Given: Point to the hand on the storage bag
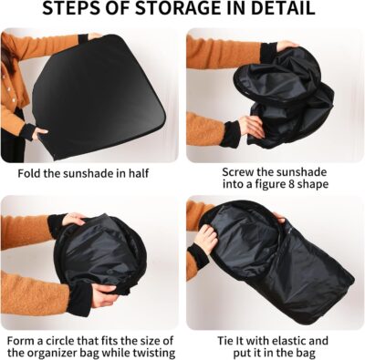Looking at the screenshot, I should click(205, 239).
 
